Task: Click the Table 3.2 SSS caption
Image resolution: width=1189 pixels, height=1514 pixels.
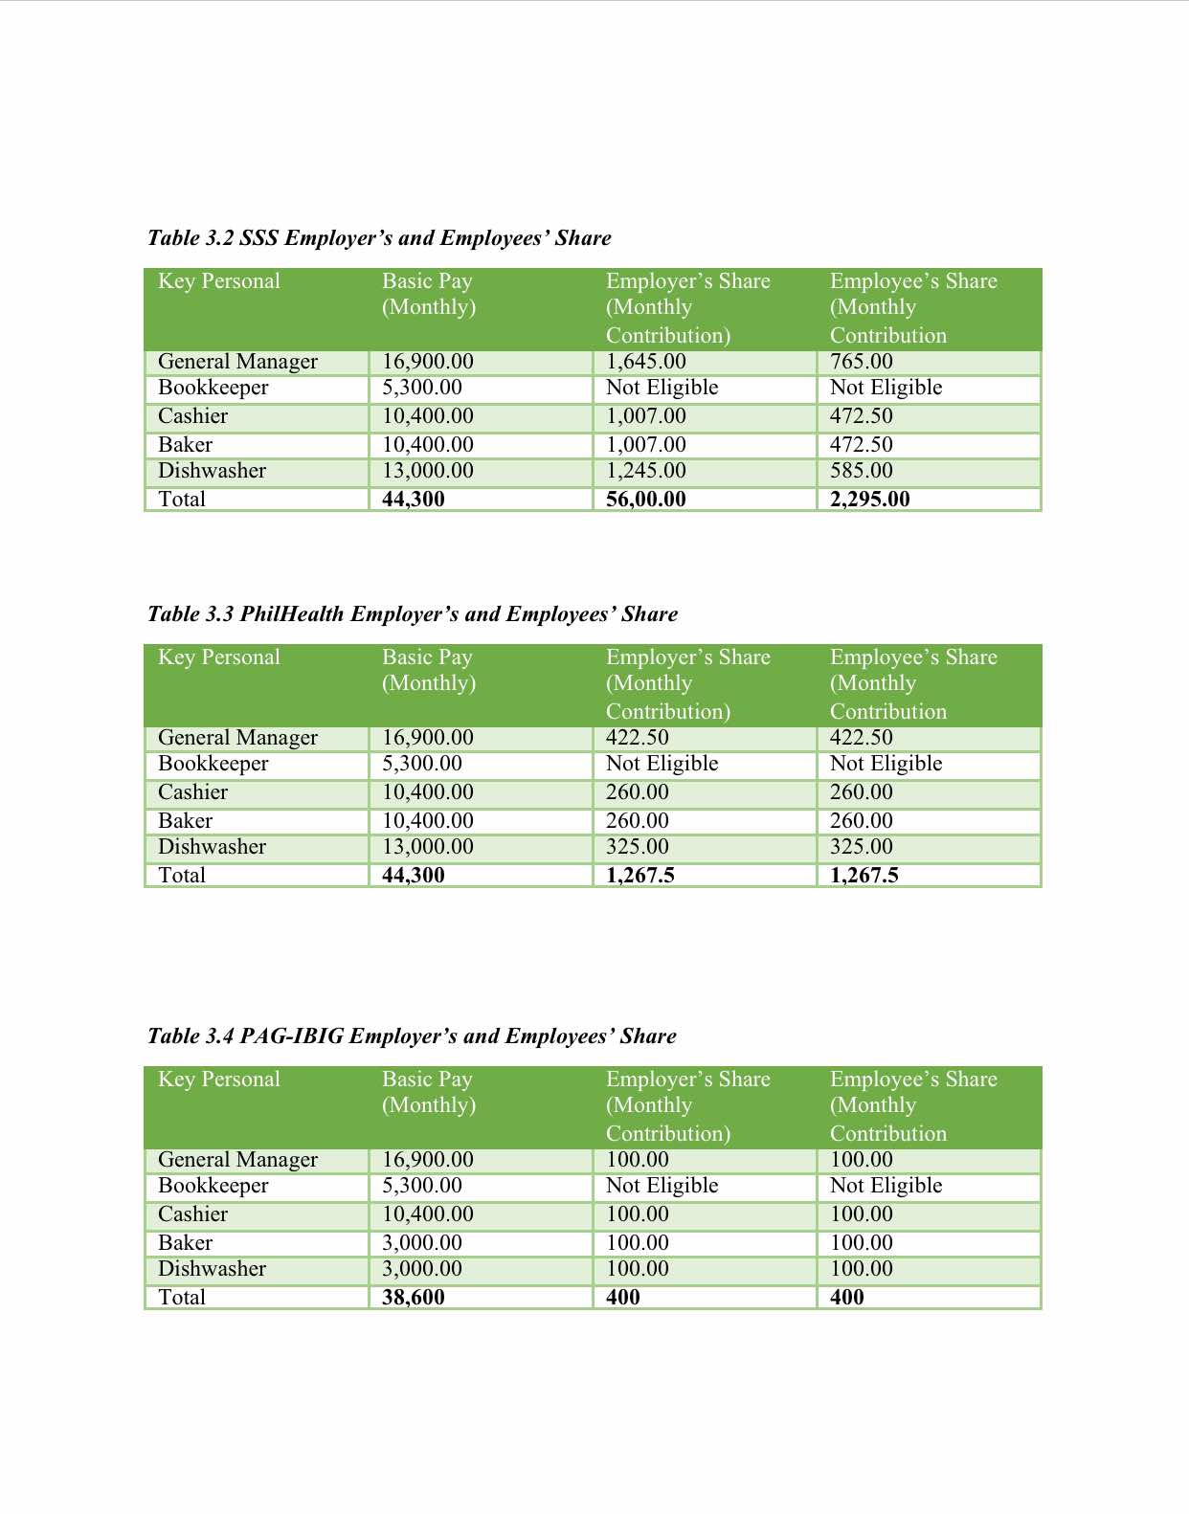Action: (379, 238)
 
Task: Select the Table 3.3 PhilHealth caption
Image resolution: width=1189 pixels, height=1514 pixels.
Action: (413, 614)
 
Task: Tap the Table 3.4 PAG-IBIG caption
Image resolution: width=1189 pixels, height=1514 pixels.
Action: (412, 1036)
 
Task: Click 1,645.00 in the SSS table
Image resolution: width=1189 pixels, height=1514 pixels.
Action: (646, 362)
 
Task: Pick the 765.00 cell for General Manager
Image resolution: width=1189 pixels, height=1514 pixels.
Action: (862, 362)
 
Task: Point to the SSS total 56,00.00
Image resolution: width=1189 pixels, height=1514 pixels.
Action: (646, 500)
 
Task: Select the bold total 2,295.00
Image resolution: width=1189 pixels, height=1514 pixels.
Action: (870, 500)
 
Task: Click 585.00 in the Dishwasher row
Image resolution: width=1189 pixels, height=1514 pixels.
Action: (862, 471)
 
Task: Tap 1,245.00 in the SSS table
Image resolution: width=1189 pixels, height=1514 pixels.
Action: (646, 471)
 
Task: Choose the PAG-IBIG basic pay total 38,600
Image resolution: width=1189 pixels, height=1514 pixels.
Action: (414, 1298)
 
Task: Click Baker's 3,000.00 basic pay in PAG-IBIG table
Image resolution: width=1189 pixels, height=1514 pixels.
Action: (422, 1243)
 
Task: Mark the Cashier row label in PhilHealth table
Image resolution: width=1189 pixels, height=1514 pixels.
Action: (193, 792)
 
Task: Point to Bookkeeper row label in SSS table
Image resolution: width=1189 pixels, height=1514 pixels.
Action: (213, 388)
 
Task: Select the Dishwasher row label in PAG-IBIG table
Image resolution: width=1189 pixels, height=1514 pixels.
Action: (213, 1269)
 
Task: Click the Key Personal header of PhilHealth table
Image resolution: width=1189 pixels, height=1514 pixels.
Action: (219, 657)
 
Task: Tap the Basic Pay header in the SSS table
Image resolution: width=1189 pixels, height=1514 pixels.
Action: (428, 294)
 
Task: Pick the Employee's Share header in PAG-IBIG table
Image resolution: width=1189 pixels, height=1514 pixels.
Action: (913, 1105)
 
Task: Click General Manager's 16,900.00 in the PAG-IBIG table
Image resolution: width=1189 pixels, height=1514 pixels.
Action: (428, 1160)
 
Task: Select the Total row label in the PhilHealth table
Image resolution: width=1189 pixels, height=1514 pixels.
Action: (182, 876)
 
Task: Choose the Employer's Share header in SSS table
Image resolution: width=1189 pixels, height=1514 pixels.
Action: (687, 307)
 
